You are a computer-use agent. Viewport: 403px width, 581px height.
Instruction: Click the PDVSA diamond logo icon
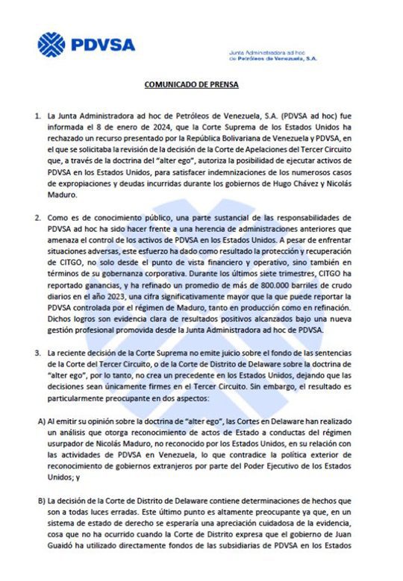[51, 44]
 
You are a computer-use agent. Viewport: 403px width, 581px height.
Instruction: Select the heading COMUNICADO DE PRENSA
[192, 85]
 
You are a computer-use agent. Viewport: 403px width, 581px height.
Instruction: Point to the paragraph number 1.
[37, 116]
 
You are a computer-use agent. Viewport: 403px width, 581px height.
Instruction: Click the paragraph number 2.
[37, 218]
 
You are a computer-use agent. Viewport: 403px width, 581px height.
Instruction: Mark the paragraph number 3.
[37, 351]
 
